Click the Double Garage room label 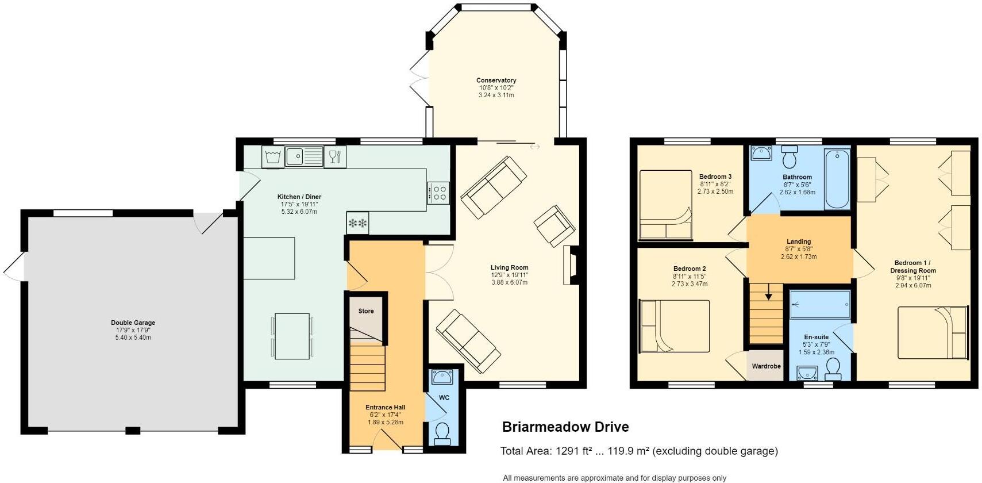point(133,323)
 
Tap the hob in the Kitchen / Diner point(438,192)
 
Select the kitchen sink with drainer point(305,156)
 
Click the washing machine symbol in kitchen point(274,156)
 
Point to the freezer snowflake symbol point(357,223)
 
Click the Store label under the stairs point(366,311)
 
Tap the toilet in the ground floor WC point(442,434)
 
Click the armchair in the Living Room point(554,226)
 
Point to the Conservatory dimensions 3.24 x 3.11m point(496,95)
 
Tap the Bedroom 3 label point(715,177)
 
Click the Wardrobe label point(766,366)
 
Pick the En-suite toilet point(833,369)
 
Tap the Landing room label point(798,241)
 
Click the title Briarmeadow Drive point(565,427)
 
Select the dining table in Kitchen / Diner point(292,336)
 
